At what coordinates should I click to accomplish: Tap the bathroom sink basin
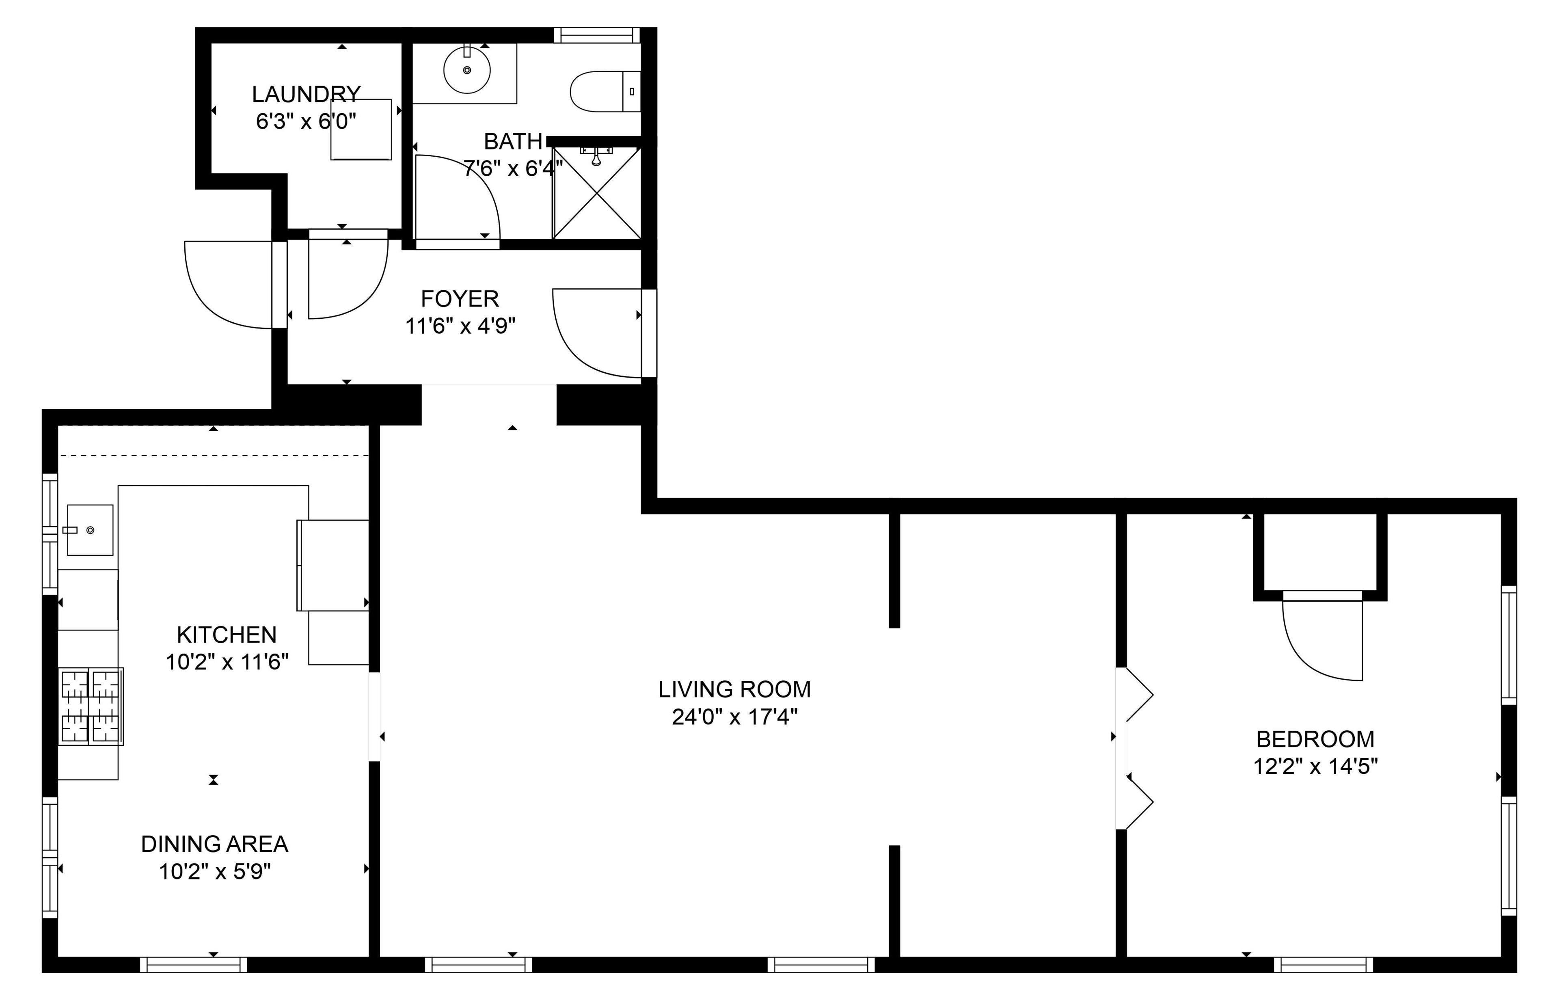[x=466, y=69]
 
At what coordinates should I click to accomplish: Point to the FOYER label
[x=460, y=299]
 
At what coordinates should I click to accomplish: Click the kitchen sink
[x=90, y=530]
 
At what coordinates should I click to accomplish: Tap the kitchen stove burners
[x=91, y=706]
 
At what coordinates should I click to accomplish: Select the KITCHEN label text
[x=227, y=635]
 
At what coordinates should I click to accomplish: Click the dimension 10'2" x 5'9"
[x=215, y=872]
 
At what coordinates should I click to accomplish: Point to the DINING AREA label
[x=215, y=844]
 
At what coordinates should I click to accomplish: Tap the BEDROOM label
[x=1315, y=740]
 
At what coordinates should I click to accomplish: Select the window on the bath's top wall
[x=597, y=35]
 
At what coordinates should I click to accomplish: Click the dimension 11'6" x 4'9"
[x=460, y=326]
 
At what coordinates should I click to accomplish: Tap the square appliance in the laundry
[x=361, y=130]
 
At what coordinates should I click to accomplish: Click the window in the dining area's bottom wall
[x=194, y=965]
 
